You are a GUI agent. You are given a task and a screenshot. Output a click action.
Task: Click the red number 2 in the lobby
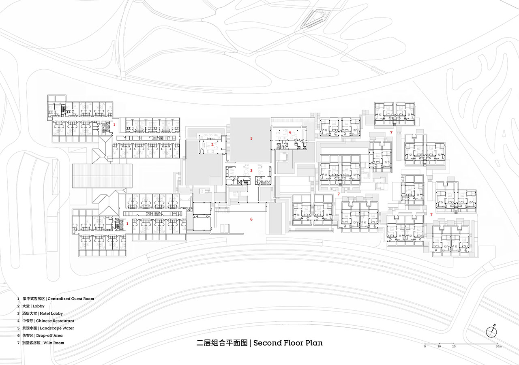coord(212,145)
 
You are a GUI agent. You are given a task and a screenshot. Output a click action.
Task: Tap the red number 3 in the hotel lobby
coord(251,171)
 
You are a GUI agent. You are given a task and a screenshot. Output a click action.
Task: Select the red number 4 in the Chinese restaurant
coord(290,132)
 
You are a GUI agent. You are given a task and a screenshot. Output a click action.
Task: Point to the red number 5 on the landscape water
coord(251,139)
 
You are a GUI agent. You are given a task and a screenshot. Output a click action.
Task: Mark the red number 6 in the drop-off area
coord(251,219)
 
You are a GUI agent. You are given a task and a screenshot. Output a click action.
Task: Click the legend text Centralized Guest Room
coord(71,299)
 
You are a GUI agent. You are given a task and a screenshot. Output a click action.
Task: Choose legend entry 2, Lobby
coord(39,306)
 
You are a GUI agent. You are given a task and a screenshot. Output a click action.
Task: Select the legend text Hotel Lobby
coord(51,314)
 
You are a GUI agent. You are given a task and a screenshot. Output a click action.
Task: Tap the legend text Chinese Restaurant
coord(55,321)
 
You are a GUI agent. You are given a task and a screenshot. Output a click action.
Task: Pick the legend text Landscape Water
coord(57,328)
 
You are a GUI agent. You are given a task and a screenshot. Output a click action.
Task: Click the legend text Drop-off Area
coord(49,335)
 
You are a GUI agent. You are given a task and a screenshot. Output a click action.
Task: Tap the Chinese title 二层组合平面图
coord(222,343)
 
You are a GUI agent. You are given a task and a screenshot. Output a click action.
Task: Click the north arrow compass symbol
coord(491,332)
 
